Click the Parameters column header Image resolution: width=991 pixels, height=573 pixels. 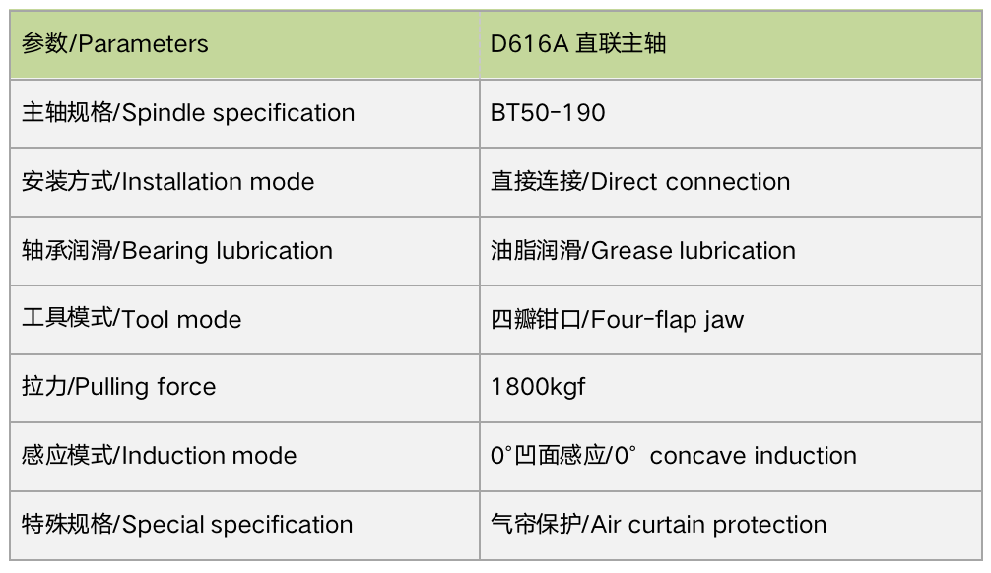coord(114,44)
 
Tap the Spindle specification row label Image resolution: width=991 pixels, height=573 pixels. coord(188,113)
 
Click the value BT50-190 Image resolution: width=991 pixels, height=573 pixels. coord(548,113)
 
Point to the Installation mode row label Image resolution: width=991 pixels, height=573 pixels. coord(167,182)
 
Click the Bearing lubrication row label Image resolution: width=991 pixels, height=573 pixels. coord(177,251)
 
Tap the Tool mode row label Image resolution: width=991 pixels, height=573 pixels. coord(131,319)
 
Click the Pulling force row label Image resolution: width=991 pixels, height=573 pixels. coord(119,387)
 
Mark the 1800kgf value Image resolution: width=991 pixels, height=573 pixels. coord(538,387)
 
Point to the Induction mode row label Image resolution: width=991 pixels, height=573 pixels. coord(159,456)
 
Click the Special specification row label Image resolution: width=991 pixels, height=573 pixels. coord(187,525)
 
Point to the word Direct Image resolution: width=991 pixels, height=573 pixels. coord(625,182)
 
